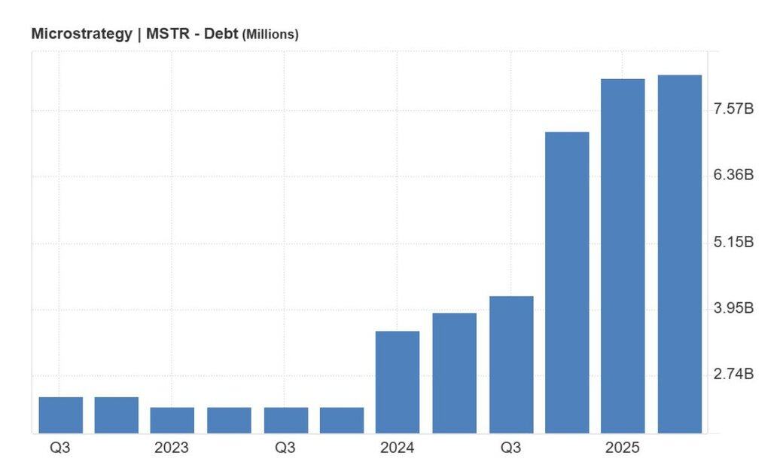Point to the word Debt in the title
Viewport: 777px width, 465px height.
219,34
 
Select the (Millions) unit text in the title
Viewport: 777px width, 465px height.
270,35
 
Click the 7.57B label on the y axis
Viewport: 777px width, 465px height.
733,109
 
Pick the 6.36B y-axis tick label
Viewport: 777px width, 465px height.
733,175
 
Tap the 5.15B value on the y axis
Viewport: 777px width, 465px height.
733,242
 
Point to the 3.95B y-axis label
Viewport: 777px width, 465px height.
733,307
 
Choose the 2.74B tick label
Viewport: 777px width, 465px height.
733,374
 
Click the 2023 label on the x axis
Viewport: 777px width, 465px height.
172,448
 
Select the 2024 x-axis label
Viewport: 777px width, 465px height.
397,448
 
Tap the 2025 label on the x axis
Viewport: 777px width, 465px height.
622,448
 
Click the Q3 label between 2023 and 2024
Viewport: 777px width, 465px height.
285,448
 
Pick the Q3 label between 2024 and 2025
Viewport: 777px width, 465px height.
510,448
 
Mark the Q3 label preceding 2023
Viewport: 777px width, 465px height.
60,448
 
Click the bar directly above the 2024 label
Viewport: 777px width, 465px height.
398,382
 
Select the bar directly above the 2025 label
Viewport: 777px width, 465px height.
623,256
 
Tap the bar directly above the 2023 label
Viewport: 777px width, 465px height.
172,420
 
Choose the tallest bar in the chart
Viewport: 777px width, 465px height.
679,254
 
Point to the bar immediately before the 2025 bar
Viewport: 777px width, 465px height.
567,283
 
